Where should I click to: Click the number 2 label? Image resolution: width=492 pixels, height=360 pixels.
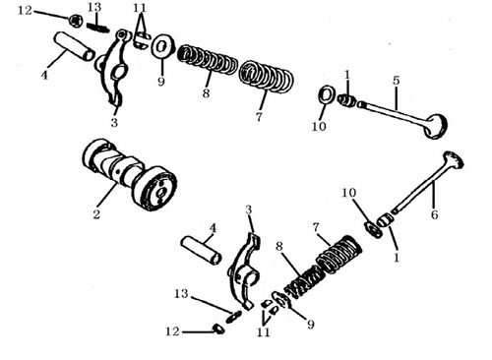96,214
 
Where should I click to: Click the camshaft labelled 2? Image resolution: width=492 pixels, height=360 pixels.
130,175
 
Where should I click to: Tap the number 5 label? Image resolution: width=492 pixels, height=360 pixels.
397,81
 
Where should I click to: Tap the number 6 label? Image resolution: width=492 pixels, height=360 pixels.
434,214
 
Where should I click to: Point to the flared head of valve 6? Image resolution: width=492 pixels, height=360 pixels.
454,160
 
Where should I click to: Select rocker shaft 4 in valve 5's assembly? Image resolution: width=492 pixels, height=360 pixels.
75,45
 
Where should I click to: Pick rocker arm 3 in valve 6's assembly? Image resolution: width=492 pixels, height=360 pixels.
244,270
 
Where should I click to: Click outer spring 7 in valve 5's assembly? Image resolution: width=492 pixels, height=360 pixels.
266,77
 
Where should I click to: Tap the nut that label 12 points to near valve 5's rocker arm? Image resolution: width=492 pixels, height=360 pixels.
76,22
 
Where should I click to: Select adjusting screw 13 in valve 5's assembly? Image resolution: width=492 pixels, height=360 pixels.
97,28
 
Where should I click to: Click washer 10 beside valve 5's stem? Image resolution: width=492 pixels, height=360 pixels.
327,94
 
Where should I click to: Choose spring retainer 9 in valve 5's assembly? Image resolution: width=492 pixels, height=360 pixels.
162,46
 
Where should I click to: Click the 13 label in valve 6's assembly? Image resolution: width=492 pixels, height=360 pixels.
181,293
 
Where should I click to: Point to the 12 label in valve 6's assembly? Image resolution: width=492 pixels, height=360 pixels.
172,331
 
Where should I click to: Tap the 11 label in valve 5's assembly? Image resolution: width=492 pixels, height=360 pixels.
140,8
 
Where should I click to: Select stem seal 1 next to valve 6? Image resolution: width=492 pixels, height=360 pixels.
384,219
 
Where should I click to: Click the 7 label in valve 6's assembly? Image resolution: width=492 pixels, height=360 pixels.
316,227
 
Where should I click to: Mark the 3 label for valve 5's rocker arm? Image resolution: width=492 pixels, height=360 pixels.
114,123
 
